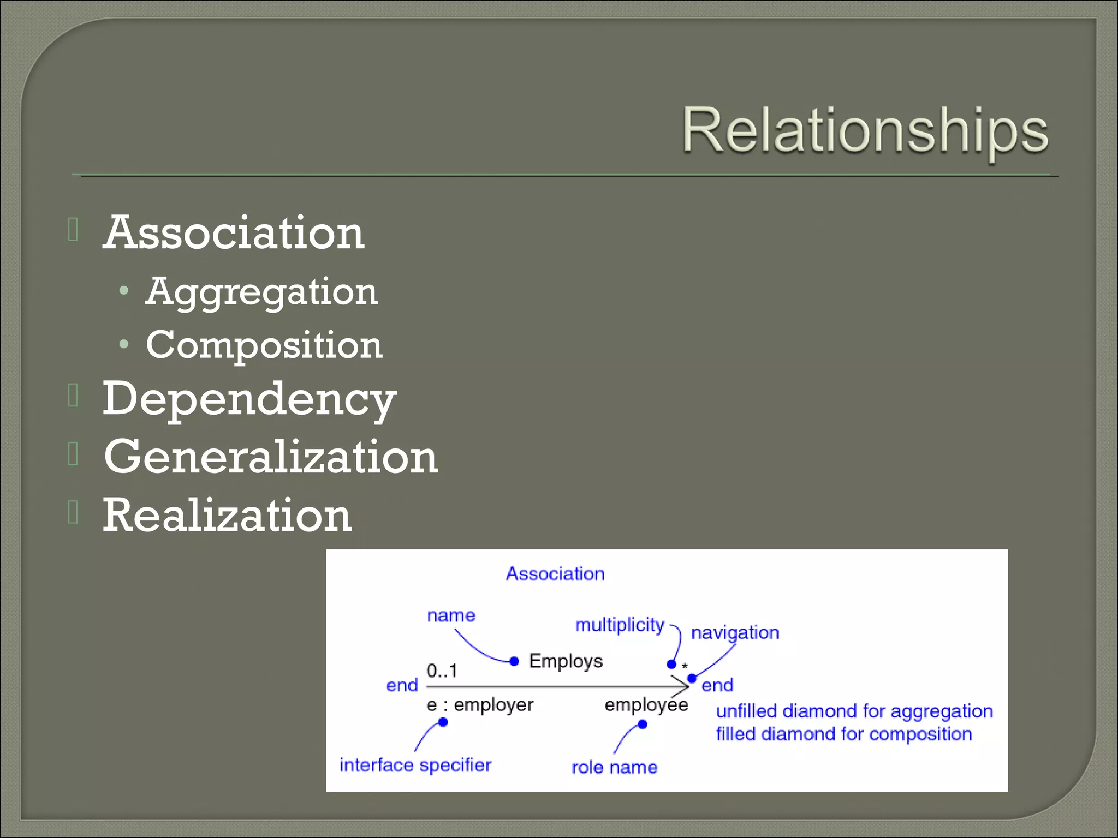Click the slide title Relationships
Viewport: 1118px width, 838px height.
pyautogui.click(x=865, y=131)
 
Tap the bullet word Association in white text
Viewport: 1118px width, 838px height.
pyautogui.click(x=234, y=233)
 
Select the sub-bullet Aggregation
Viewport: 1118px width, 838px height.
pyautogui.click(x=261, y=292)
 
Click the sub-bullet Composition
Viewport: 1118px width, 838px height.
pyautogui.click(x=264, y=345)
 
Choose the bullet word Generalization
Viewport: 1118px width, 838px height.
pyautogui.click(x=271, y=457)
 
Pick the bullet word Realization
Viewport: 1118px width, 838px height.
pyautogui.click(x=227, y=516)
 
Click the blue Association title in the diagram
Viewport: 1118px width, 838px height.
pyautogui.click(x=555, y=574)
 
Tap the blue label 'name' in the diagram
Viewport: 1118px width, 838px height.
pyautogui.click(x=451, y=615)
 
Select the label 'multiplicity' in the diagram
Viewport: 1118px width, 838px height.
pyautogui.click(x=620, y=625)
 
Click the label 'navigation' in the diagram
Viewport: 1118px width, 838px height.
pyautogui.click(x=735, y=633)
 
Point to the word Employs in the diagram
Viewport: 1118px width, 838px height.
pyautogui.click(x=566, y=661)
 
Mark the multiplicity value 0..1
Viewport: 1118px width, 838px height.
pyautogui.click(x=442, y=671)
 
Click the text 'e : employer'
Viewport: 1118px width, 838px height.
pyautogui.click(x=480, y=705)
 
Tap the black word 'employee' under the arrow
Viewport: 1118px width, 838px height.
pyautogui.click(x=646, y=705)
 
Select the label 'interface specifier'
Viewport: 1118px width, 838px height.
pyautogui.click(x=415, y=765)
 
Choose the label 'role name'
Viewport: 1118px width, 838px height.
pyautogui.click(x=614, y=768)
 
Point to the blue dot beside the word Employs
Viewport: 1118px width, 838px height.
pyautogui.click(x=514, y=661)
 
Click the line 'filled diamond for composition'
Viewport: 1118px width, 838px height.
pyautogui.click(x=844, y=734)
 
